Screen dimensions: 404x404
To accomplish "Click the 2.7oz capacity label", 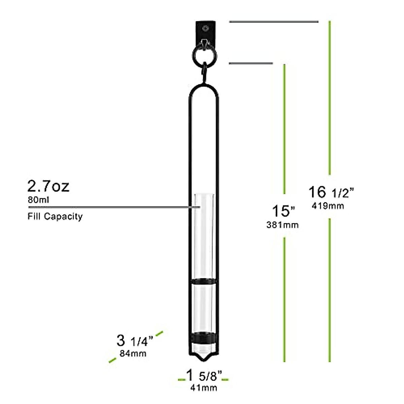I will [48, 186].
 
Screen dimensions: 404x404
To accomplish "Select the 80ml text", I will [38, 200].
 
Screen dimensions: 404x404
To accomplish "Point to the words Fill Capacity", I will [55, 216].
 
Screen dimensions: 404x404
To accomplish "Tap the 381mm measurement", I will [282, 225].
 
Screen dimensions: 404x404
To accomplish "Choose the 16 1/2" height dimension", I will [332, 192].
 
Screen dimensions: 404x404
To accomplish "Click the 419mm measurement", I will [328, 206].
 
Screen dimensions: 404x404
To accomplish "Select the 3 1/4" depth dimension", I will [135, 341].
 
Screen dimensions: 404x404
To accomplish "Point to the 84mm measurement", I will [133, 353].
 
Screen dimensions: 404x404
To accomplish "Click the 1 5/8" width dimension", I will [204, 374].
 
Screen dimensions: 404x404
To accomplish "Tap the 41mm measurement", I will [204, 388].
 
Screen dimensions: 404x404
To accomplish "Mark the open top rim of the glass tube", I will [203, 195].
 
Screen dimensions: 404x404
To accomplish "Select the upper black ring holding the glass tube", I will [203, 281].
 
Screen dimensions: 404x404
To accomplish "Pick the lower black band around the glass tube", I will [203, 338].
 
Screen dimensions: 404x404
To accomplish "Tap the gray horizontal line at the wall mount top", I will [273, 22].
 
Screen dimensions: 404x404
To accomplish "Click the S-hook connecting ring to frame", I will [204, 71].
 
